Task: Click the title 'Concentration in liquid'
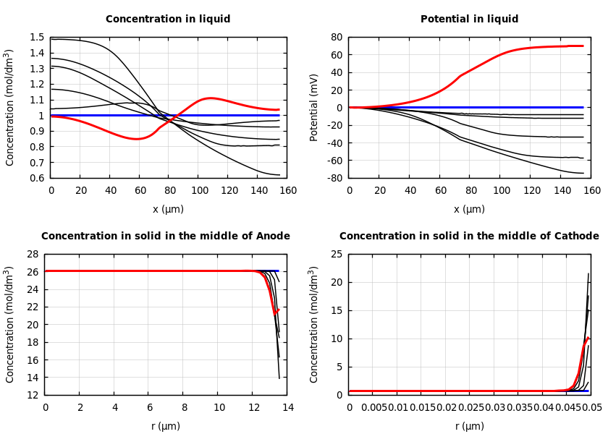pyautogui.click(x=168, y=20)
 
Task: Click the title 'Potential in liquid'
pyautogui.click(x=469, y=20)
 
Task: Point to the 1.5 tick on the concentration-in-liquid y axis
pyautogui.click(x=37, y=38)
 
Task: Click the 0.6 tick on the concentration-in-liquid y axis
pyautogui.click(x=37, y=178)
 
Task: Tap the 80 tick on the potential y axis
pyautogui.click(x=336, y=38)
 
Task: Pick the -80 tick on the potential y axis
pyautogui.click(x=334, y=178)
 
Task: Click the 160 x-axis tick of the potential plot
pyautogui.click(x=592, y=191)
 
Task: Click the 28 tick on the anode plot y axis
pyautogui.click(x=33, y=255)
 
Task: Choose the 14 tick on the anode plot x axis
pyautogui.click(x=287, y=408)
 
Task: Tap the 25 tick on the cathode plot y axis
pyautogui.click(x=337, y=255)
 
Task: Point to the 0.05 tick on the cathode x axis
pyautogui.click(x=592, y=408)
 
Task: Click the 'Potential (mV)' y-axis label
pyautogui.click(x=314, y=107)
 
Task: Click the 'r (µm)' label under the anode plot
pyautogui.click(x=166, y=426)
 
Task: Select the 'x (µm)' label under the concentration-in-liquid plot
pyautogui.click(x=168, y=209)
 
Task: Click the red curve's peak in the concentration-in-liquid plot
pyautogui.click(x=209, y=98)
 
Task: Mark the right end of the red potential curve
pyautogui.click(x=583, y=46)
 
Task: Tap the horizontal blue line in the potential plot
pyautogui.click(x=463, y=107)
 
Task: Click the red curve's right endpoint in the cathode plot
pyautogui.click(x=589, y=338)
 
